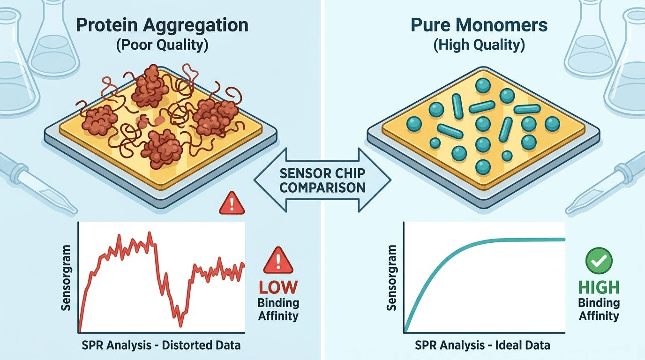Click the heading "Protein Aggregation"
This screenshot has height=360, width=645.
tap(162, 25)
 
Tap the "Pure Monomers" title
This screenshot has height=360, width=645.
tap(480, 25)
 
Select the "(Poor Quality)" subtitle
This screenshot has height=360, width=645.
tap(162, 45)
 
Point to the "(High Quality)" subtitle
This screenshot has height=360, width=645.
tap(479, 45)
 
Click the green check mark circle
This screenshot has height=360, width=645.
tap(599, 261)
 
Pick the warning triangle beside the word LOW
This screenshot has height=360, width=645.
tap(278, 261)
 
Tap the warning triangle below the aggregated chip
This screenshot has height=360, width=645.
tap(232, 203)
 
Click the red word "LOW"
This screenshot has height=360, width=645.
tap(278, 287)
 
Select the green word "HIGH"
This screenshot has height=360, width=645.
tap(599, 287)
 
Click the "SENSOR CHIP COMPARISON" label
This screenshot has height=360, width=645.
tap(322, 180)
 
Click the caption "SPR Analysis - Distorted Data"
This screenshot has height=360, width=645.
tap(161, 345)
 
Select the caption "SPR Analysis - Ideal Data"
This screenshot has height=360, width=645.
tap(483, 345)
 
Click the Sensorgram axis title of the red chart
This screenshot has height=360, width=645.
tap(66, 278)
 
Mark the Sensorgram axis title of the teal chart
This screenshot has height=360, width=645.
tap(391, 278)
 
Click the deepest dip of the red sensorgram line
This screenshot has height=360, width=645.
tap(180, 326)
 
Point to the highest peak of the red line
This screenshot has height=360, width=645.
tap(149, 232)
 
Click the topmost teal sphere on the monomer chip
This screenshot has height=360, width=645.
tap(483, 85)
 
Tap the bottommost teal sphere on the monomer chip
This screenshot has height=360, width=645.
tap(483, 167)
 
